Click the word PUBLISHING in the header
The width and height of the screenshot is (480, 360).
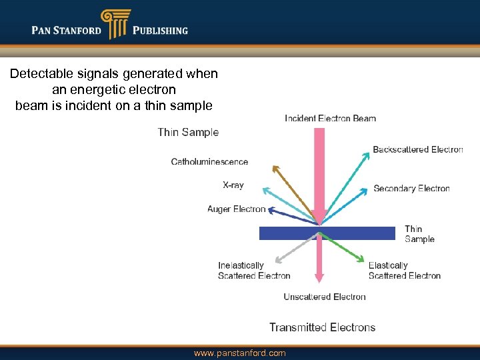pos(160,30)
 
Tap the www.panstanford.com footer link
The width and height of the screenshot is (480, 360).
pos(239,353)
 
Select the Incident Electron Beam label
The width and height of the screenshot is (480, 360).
pos(330,119)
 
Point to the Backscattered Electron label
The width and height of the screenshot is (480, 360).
pos(417,149)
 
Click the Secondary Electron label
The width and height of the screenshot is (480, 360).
pos(411,189)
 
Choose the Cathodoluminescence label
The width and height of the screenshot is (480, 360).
pos(209,162)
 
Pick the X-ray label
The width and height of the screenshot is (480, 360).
pos(233,185)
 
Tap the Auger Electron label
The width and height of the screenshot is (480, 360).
pos(236,209)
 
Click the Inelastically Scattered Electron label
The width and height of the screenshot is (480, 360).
pos(254,271)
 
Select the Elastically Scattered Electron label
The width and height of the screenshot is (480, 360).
pos(404,271)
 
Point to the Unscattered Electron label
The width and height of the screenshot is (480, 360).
pos(325,297)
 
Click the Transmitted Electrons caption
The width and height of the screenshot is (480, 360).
pos(322,327)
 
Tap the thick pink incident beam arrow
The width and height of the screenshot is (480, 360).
pos(319,173)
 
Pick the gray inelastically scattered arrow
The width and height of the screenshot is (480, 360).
pos(293,250)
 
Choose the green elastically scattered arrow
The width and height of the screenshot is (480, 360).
pos(343,248)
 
